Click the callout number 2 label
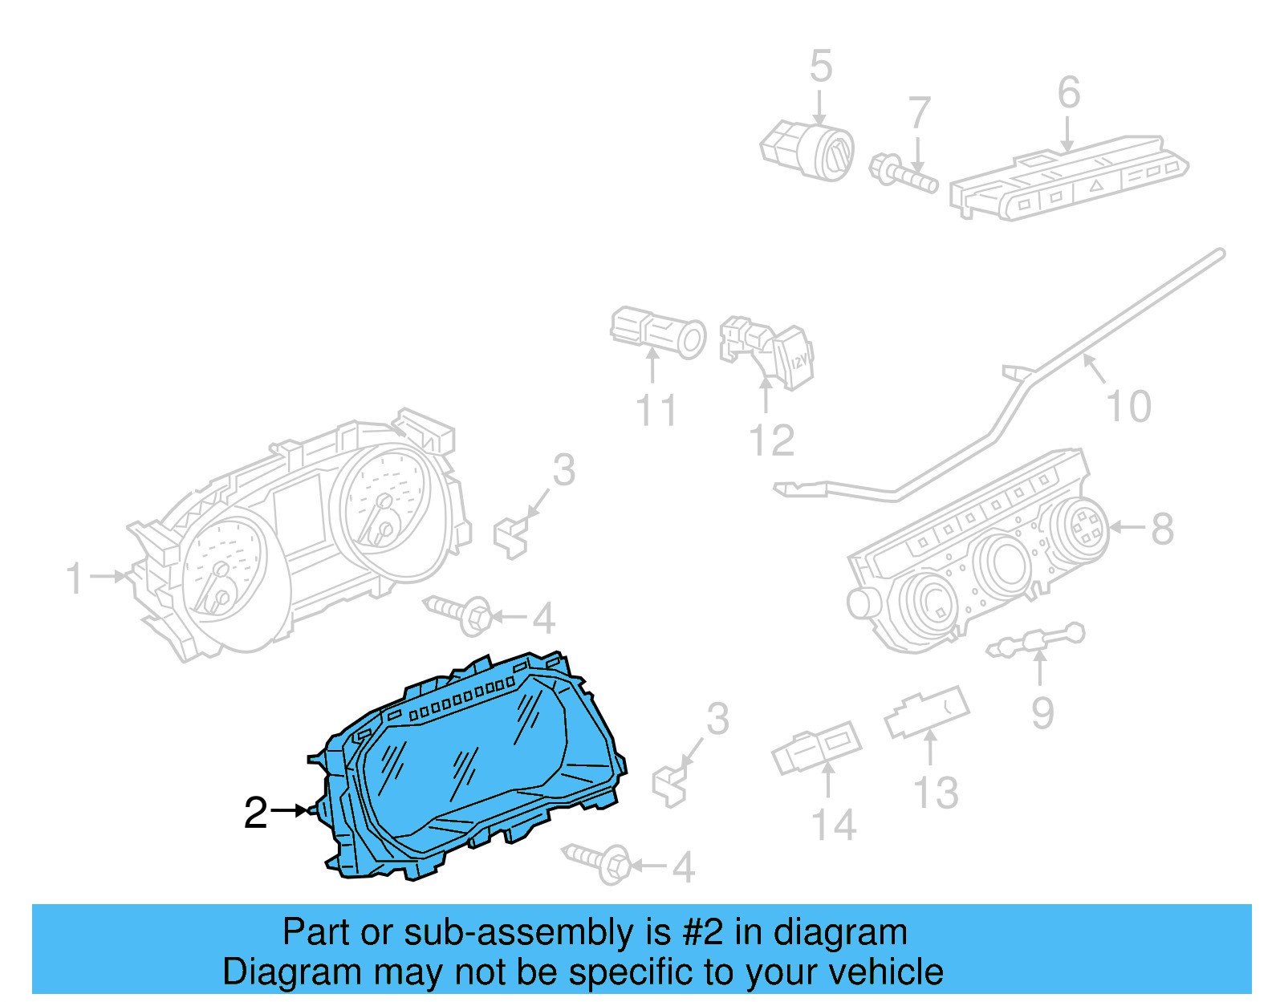point(255,813)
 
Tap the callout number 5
point(820,66)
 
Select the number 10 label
point(1128,406)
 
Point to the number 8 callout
point(1162,529)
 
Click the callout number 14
point(834,825)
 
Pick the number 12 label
point(771,440)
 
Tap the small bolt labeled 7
point(903,172)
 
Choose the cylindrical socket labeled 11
point(658,332)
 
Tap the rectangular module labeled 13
point(927,712)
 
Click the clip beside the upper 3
point(510,536)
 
